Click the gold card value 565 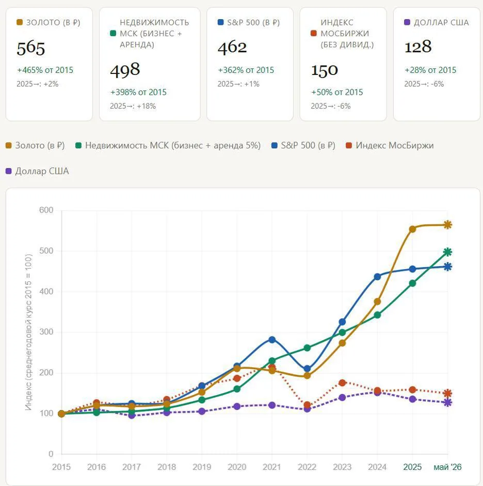tap(31, 49)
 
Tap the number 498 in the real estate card tap(125, 70)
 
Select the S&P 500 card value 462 tap(232, 48)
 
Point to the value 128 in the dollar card tap(418, 47)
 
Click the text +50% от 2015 tap(337, 92)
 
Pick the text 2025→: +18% tap(133, 106)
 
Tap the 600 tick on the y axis tap(46, 210)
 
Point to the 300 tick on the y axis tap(46, 332)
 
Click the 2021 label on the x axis tap(272, 467)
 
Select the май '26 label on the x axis tap(447, 467)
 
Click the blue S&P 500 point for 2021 tap(272, 340)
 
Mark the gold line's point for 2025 tap(412, 229)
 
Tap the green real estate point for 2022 tap(307, 348)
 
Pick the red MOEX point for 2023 tap(342, 383)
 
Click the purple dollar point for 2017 tap(132, 415)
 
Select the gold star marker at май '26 tap(448, 225)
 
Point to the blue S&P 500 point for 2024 tap(377, 277)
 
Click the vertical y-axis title tap(28, 332)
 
